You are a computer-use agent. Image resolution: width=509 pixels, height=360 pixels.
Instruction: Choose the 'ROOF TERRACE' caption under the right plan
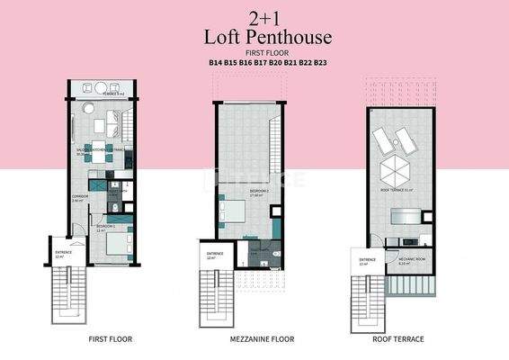399,339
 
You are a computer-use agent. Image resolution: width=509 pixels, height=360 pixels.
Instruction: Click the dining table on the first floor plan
100,156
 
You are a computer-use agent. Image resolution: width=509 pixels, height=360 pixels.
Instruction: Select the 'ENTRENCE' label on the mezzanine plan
215,254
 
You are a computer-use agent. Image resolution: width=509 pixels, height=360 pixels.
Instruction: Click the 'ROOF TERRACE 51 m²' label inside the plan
396,190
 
